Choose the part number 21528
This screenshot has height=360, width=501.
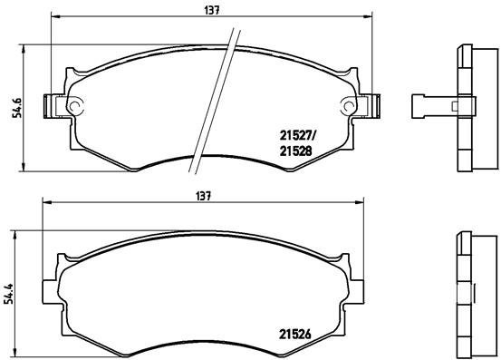(294, 153)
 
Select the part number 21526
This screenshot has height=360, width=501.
(293, 332)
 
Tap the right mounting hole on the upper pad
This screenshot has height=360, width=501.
(350, 105)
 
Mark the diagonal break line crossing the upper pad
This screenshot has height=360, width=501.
(214, 100)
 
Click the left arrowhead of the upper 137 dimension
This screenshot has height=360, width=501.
(55, 16)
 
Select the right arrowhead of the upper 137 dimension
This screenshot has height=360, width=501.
(371, 16)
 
